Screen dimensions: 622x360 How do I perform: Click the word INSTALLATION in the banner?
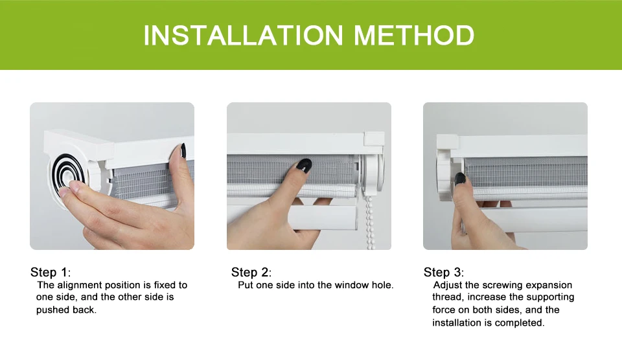[243, 35]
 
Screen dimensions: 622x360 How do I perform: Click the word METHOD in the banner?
[414, 35]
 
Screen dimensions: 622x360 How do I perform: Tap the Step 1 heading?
[51, 273]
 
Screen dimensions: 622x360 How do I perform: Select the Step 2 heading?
[251, 273]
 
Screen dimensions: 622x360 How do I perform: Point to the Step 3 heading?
[443, 273]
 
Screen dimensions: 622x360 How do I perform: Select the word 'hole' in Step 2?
[381, 285]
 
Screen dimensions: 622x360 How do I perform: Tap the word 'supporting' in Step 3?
[550, 297]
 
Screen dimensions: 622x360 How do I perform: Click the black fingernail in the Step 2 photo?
[305, 165]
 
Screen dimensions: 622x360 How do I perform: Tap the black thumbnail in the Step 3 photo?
[460, 179]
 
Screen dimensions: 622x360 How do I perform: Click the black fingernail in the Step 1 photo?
[183, 150]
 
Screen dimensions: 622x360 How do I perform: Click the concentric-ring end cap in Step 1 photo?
[68, 175]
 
